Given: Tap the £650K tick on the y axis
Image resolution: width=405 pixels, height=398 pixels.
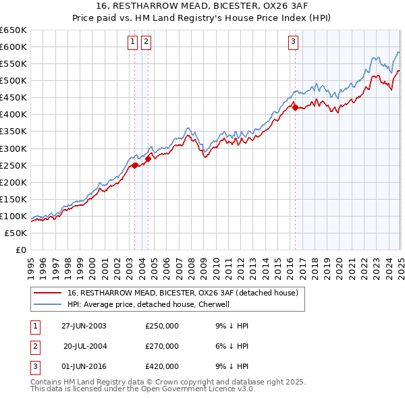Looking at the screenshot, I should click(x=13, y=30).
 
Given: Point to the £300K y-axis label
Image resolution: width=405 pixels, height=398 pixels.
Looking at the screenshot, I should click(x=13, y=148).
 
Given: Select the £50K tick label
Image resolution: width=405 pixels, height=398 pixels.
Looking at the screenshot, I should click(x=16, y=233).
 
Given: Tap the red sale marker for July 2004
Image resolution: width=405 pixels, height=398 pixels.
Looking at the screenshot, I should click(x=148, y=159).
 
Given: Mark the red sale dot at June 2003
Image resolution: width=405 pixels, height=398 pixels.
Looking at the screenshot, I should click(x=135, y=165).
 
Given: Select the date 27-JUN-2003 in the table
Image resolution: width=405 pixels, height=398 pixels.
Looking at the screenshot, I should click(x=84, y=326).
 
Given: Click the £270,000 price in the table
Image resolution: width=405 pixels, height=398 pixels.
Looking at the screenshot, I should click(x=162, y=346).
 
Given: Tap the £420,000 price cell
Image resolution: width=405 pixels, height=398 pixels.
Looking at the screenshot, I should click(x=162, y=366).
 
